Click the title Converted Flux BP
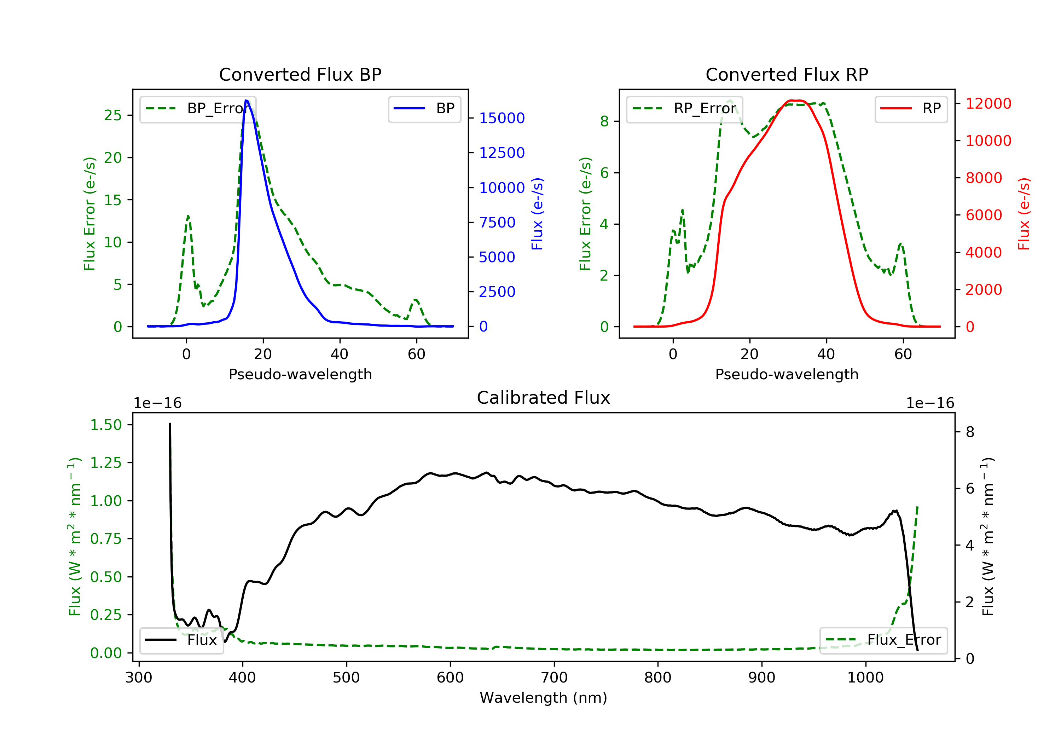[300, 74]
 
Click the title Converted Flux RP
[787, 74]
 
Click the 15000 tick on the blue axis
[502, 119]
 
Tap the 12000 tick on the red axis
[988, 104]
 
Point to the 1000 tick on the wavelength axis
[865, 678]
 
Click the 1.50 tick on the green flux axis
[106, 425]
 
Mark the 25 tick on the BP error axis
[113, 115]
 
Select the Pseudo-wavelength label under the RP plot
[787, 374]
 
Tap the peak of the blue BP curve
[246, 100]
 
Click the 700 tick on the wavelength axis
[553, 678]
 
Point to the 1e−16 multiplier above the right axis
[930, 403]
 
